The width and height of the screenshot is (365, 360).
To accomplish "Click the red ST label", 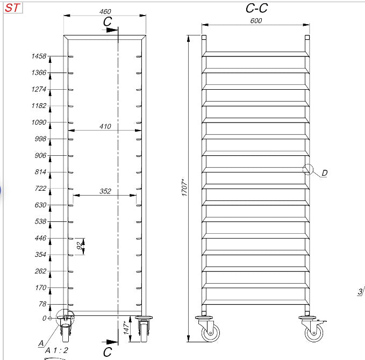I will [12, 9].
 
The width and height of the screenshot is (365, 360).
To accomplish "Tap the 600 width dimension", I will [256, 20].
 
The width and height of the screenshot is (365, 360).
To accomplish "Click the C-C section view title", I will [256, 8].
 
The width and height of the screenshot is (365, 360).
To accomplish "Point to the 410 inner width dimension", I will [105, 126].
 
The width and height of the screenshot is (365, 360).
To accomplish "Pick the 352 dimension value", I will [105, 191].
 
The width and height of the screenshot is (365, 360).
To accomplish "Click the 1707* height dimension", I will [184, 188].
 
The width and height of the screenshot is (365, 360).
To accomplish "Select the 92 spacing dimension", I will [80, 246].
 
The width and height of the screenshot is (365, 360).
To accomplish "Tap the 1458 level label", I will [39, 56].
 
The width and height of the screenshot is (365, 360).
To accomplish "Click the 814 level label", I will [41, 172].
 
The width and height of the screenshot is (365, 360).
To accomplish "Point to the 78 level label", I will [42, 304].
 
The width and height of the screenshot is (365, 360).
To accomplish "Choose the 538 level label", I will [41, 221].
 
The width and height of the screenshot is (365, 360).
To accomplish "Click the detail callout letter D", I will [325, 173].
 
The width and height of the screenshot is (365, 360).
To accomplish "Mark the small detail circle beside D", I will [307, 170].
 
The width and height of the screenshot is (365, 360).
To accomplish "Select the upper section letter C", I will [108, 21].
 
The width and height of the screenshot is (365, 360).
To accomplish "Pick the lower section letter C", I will [108, 352].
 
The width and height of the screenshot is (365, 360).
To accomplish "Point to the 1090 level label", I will [39, 123].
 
